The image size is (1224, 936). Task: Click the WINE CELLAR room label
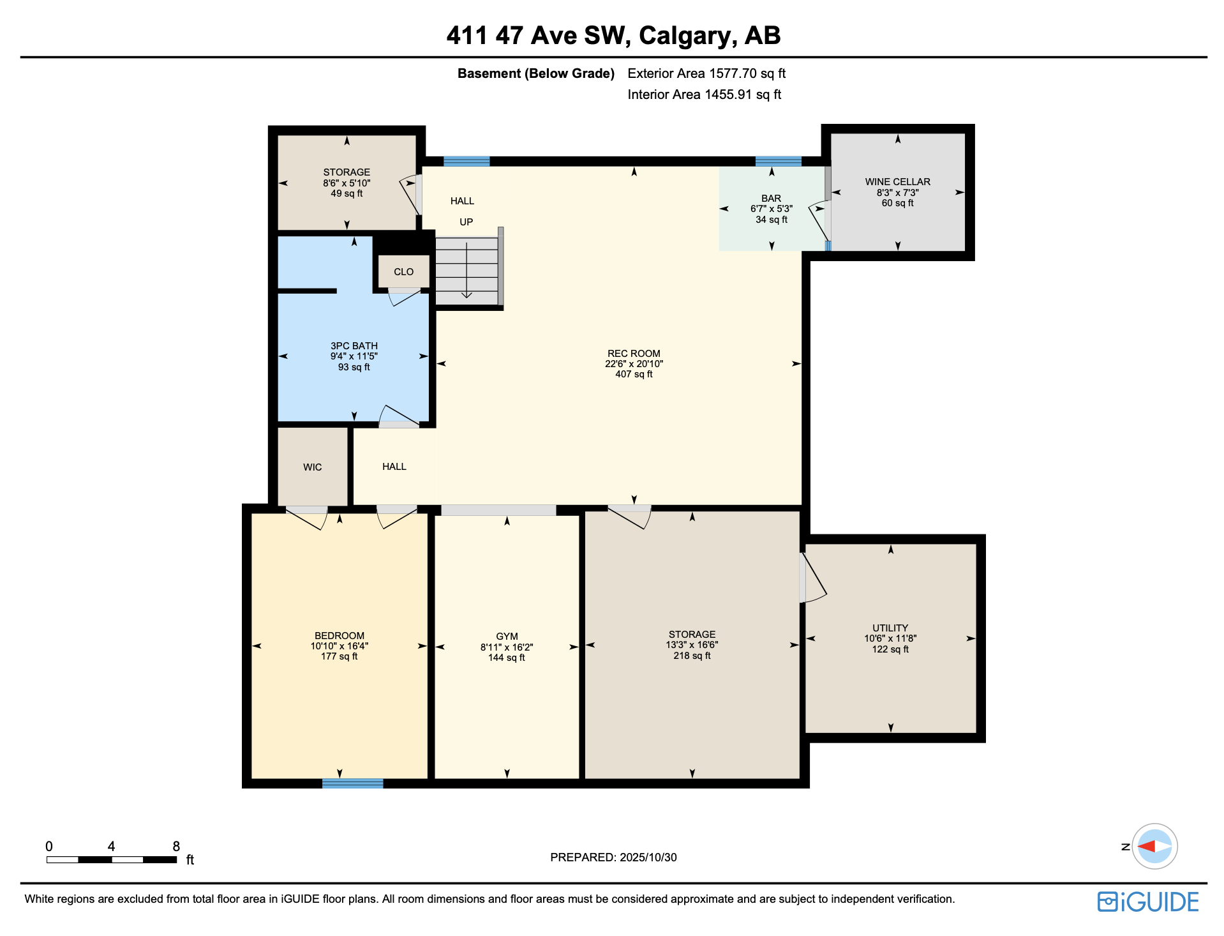(897, 182)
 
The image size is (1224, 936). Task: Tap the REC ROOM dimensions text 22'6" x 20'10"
(633, 364)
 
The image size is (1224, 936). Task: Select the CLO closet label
(403, 272)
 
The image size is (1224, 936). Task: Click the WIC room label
(312, 467)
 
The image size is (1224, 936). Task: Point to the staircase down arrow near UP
(466, 294)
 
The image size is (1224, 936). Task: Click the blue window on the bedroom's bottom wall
(352, 783)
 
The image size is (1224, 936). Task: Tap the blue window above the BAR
(777, 161)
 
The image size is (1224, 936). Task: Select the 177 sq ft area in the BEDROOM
(339, 657)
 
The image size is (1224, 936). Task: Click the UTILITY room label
(890, 628)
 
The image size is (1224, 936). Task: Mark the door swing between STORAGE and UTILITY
(813, 578)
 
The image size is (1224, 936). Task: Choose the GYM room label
(507, 637)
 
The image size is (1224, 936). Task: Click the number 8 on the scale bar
(176, 847)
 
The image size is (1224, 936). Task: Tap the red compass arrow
(1147, 847)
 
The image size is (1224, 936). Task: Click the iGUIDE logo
(1147, 902)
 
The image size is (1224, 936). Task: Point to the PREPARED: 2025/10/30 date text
(613, 857)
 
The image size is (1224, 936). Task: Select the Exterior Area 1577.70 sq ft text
(706, 73)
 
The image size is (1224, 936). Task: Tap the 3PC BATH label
(354, 346)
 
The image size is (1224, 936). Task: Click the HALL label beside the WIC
(394, 467)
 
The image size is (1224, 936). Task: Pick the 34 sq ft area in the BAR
(771, 220)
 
